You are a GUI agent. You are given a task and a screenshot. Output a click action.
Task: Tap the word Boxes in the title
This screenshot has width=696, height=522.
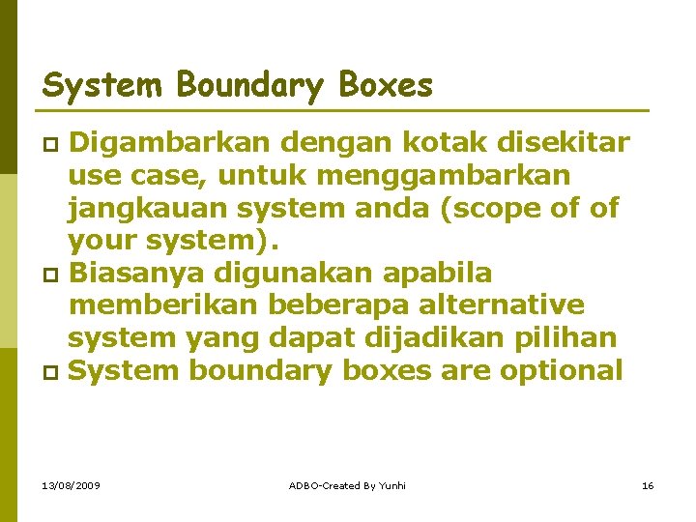386,86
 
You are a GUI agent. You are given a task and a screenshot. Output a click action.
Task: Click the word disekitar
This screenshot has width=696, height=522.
563,144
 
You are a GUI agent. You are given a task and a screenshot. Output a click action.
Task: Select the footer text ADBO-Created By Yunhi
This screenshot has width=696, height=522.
347,484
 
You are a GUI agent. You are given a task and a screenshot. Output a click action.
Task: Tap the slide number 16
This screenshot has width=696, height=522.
648,484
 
